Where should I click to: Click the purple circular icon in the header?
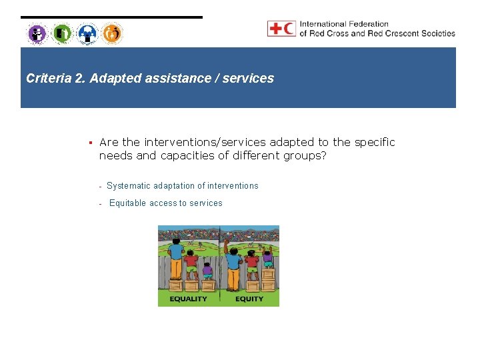point(37,33)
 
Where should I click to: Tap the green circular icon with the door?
point(62,33)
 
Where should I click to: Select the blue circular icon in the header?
point(87,33)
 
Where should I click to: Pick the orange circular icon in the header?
point(112,33)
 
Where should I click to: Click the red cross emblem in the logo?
point(275,29)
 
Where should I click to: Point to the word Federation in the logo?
point(369,24)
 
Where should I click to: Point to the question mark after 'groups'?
point(323,156)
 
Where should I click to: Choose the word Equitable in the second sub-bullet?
point(129,203)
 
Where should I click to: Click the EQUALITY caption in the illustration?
point(188,299)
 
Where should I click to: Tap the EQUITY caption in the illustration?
point(249,299)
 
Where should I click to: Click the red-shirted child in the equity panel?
point(251,265)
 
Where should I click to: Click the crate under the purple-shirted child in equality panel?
point(208,286)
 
